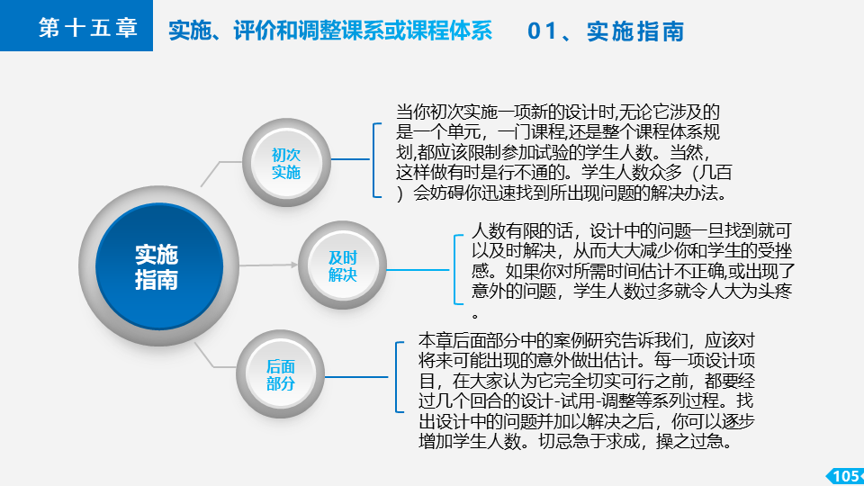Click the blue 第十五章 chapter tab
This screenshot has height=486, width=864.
point(76,25)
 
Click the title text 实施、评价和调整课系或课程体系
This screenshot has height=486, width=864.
point(330,31)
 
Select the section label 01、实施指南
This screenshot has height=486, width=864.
point(606,31)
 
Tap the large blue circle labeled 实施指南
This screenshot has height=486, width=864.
point(158,266)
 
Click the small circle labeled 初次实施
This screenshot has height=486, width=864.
point(286,163)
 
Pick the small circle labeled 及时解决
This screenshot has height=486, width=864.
point(342,265)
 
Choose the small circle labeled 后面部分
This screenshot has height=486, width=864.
point(281,374)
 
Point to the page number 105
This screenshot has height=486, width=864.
point(845,475)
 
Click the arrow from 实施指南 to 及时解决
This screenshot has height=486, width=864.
point(268,265)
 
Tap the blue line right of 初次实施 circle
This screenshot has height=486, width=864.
point(350,159)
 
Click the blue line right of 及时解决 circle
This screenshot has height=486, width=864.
point(418,270)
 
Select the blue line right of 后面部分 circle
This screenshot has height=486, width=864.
point(356,377)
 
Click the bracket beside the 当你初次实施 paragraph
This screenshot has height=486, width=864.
point(377,160)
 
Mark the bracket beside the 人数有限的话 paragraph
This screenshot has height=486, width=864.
point(458,269)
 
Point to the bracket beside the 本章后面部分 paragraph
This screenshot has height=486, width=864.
point(400,377)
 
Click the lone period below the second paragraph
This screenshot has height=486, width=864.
point(475,316)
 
